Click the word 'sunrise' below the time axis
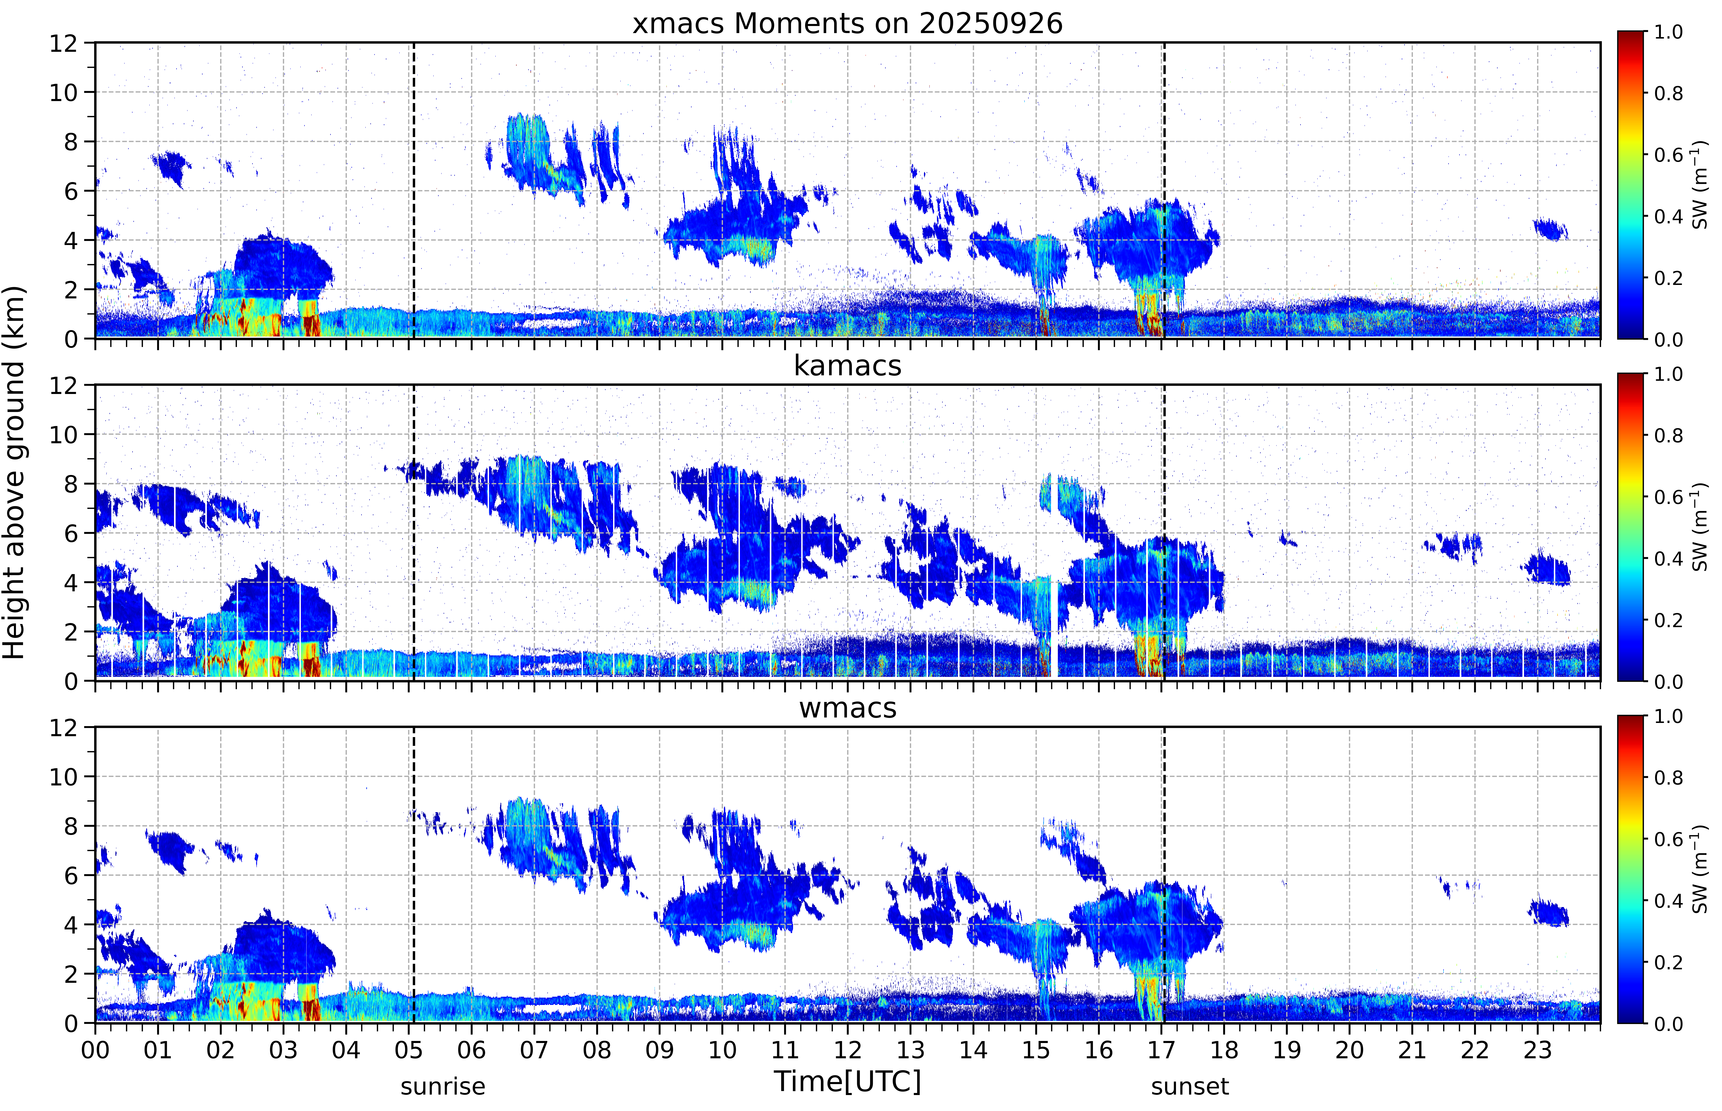click(x=443, y=1086)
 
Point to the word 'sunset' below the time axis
click(x=1190, y=1086)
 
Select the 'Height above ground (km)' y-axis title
click(x=14, y=472)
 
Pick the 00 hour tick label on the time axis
click(x=95, y=1050)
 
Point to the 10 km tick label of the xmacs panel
click(x=63, y=92)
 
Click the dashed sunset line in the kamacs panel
click(x=1164, y=532)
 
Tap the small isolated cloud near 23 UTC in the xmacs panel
click(x=1550, y=230)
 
